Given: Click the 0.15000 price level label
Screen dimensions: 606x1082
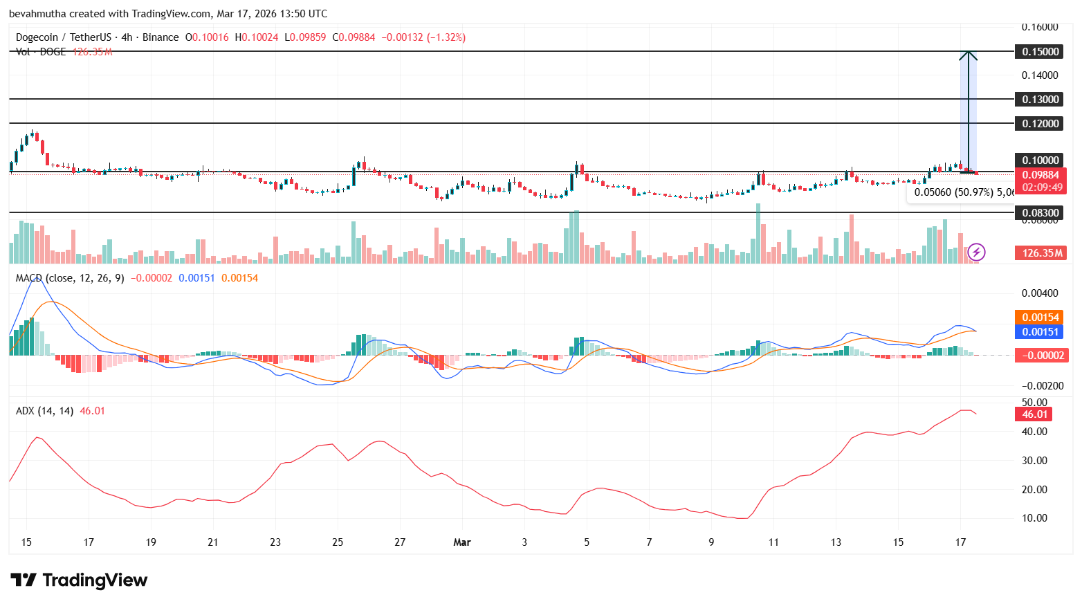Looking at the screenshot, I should [1040, 51].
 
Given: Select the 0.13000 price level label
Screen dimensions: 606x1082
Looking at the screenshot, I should [1040, 99].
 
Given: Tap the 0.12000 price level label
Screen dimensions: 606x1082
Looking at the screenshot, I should [1040, 123].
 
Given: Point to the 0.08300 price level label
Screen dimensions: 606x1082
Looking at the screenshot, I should [1040, 212].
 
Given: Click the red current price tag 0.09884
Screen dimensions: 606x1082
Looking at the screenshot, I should [1040, 175].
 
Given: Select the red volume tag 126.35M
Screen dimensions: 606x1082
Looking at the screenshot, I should [1040, 252].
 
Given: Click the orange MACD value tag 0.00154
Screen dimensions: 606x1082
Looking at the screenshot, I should [1040, 318].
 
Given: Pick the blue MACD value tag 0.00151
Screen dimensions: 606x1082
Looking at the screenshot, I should [1040, 331].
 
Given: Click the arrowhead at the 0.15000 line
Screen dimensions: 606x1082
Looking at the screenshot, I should [968, 55].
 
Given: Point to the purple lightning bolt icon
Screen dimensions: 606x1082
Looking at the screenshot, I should [976, 252].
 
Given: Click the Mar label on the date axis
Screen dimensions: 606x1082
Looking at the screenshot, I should [461, 542].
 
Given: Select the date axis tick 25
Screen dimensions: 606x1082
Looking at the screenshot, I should [338, 542].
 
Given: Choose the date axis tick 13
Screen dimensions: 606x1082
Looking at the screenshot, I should [836, 542].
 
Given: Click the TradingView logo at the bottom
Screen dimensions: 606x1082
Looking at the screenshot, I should [79, 580].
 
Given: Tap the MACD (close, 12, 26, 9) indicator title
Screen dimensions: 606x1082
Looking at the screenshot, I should [70, 278].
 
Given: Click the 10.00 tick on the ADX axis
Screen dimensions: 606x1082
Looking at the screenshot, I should [1034, 517].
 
